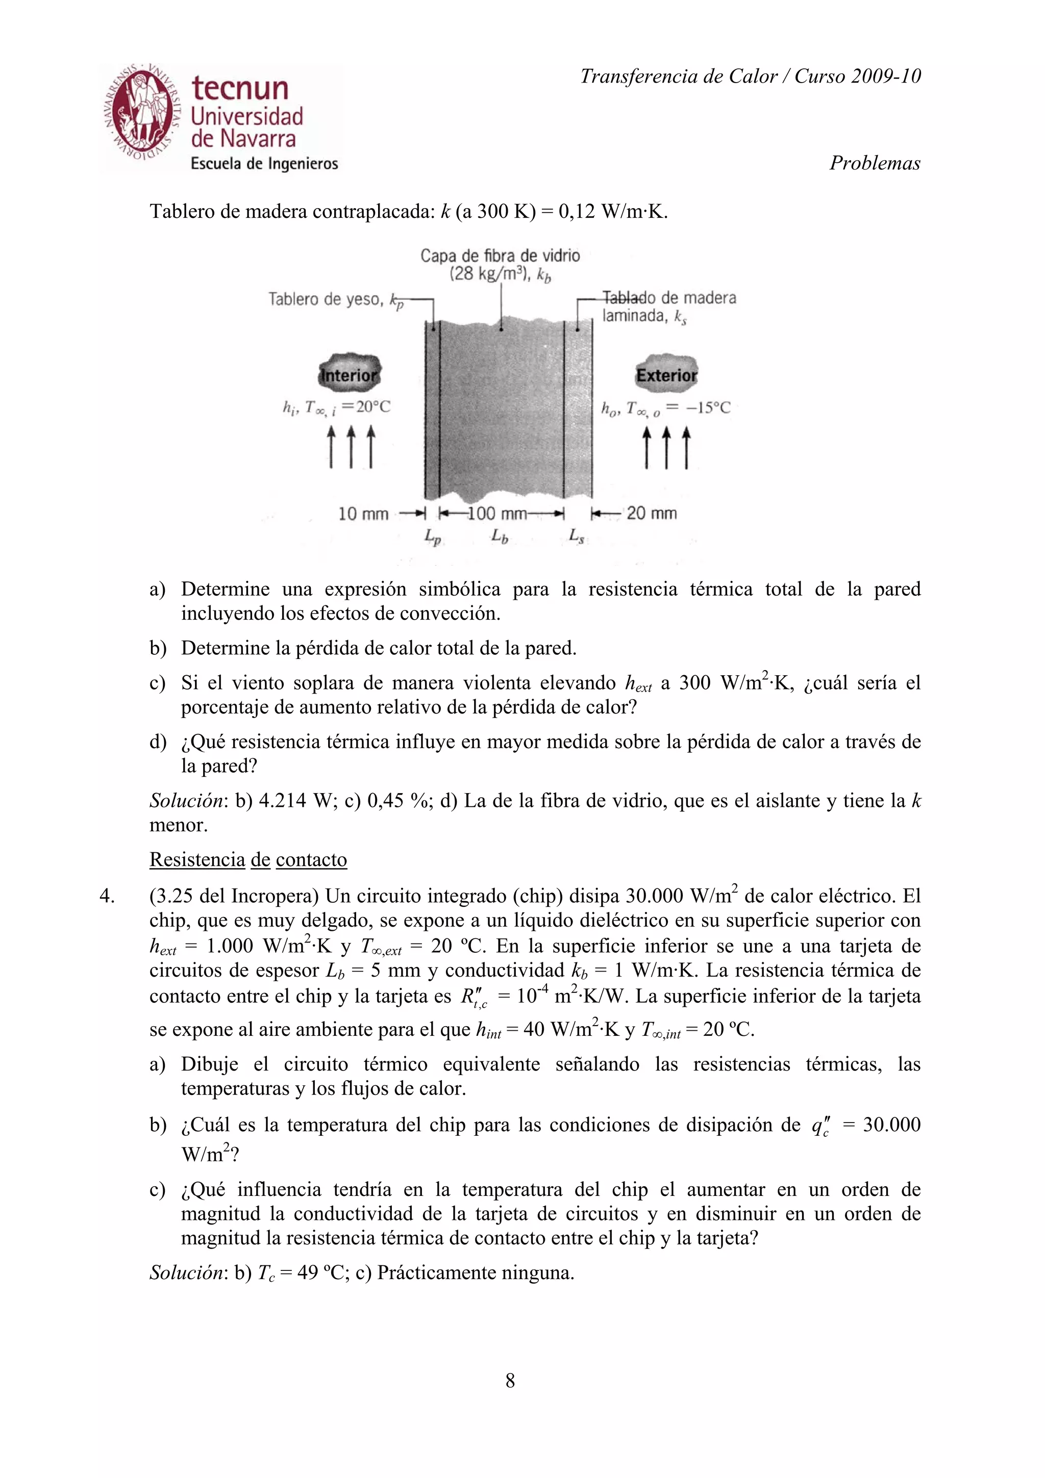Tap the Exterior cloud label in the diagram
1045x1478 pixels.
point(666,375)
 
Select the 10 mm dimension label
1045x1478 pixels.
point(363,514)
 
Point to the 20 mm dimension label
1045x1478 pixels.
point(652,513)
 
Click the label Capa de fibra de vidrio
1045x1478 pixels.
point(500,256)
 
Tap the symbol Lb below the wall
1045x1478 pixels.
point(499,536)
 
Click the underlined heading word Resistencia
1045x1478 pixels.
point(197,860)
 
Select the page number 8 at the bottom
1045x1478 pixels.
point(510,1381)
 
